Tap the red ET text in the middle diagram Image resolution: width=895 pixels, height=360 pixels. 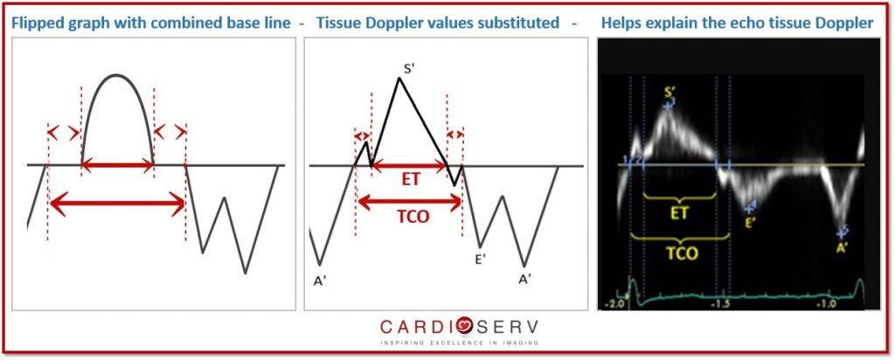click(x=410, y=180)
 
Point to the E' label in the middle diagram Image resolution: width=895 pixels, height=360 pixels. click(x=481, y=259)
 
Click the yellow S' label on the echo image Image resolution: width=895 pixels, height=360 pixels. click(x=670, y=92)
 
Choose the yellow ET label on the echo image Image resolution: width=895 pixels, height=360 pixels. click(x=680, y=214)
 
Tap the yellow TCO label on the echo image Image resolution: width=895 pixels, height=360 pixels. click(x=683, y=253)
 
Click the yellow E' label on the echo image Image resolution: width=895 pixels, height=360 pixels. click(x=750, y=223)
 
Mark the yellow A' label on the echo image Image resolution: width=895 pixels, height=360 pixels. click(x=841, y=249)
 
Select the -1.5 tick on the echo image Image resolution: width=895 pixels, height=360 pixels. click(x=721, y=304)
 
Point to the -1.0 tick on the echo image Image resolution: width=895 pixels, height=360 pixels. click(x=826, y=304)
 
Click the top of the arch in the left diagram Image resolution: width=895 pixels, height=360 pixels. click(x=117, y=75)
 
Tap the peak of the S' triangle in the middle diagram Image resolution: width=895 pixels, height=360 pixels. click(x=399, y=78)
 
